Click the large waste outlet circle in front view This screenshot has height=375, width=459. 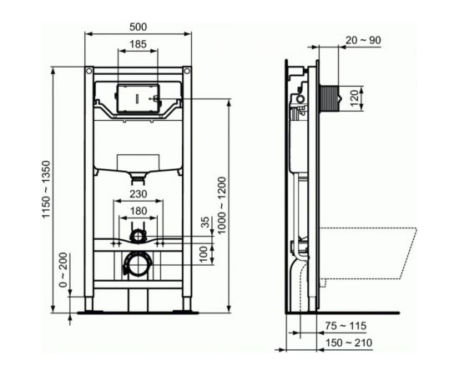point(137,265)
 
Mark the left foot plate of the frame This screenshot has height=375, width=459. point(89,312)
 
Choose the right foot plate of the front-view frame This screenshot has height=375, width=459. point(186,312)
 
